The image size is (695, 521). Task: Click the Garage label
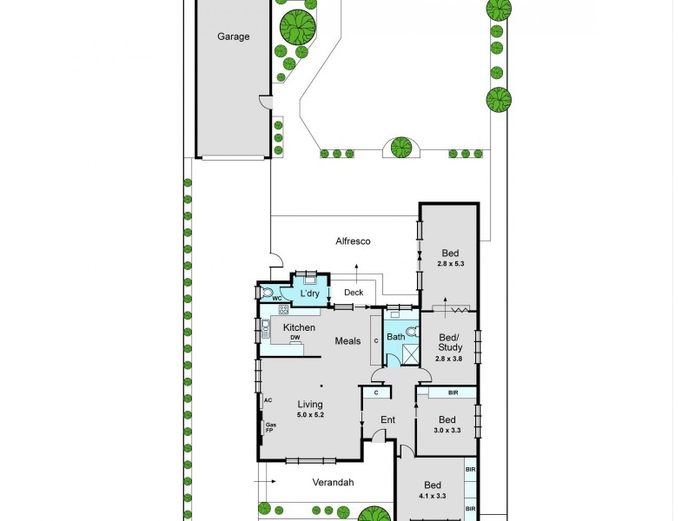pyautogui.click(x=234, y=36)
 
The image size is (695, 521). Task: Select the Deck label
pyautogui.click(x=354, y=293)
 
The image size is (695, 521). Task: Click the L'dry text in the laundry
pyautogui.click(x=310, y=294)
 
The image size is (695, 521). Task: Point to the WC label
pyautogui.click(x=279, y=299)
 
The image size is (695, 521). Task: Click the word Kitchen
pyautogui.click(x=299, y=327)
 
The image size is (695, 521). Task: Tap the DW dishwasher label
pyautogui.click(x=295, y=338)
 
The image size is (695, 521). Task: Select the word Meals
pyautogui.click(x=348, y=341)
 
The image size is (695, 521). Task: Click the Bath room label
pyautogui.click(x=396, y=336)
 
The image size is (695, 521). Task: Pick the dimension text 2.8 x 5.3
pyautogui.click(x=449, y=264)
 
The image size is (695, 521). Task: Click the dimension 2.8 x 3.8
pyautogui.click(x=449, y=358)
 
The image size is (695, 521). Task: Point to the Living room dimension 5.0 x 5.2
pyautogui.click(x=310, y=415)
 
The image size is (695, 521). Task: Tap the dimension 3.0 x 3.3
pyautogui.click(x=447, y=429)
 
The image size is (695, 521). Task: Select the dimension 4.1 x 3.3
pyautogui.click(x=433, y=496)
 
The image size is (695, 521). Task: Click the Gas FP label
pyautogui.click(x=269, y=428)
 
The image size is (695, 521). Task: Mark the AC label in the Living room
pyautogui.click(x=268, y=400)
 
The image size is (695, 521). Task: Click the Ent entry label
pyautogui.click(x=387, y=420)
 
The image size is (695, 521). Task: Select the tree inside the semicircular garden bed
pyautogui.click(x=400, y=148)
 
